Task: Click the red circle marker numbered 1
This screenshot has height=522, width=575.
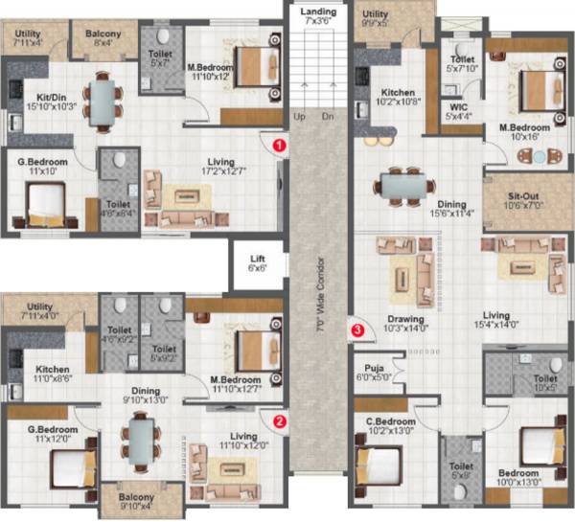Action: coord(279,144)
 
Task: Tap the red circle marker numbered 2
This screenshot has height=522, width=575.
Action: coord(279,419)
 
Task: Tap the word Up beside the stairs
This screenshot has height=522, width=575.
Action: coord(299,117)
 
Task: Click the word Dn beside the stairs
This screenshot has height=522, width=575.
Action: coord(328,117)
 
